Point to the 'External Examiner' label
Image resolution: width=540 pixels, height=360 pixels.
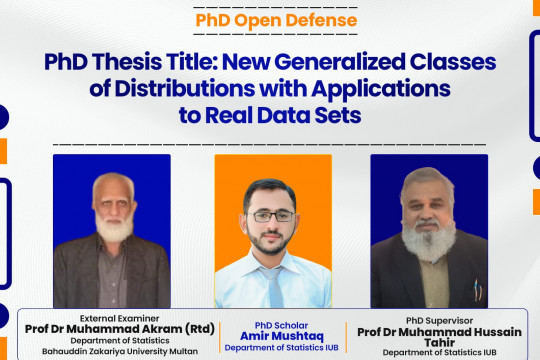(112, 316)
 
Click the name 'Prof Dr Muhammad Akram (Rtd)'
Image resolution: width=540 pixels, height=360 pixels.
(126, 328)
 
